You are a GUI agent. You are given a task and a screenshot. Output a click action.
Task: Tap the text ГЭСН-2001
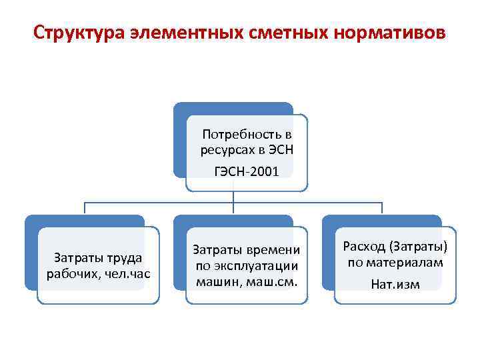coord(247,172)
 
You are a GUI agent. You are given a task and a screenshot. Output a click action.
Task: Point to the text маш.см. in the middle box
coord(275,280)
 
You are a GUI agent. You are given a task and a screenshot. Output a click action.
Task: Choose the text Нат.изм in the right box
coord(395,284)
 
